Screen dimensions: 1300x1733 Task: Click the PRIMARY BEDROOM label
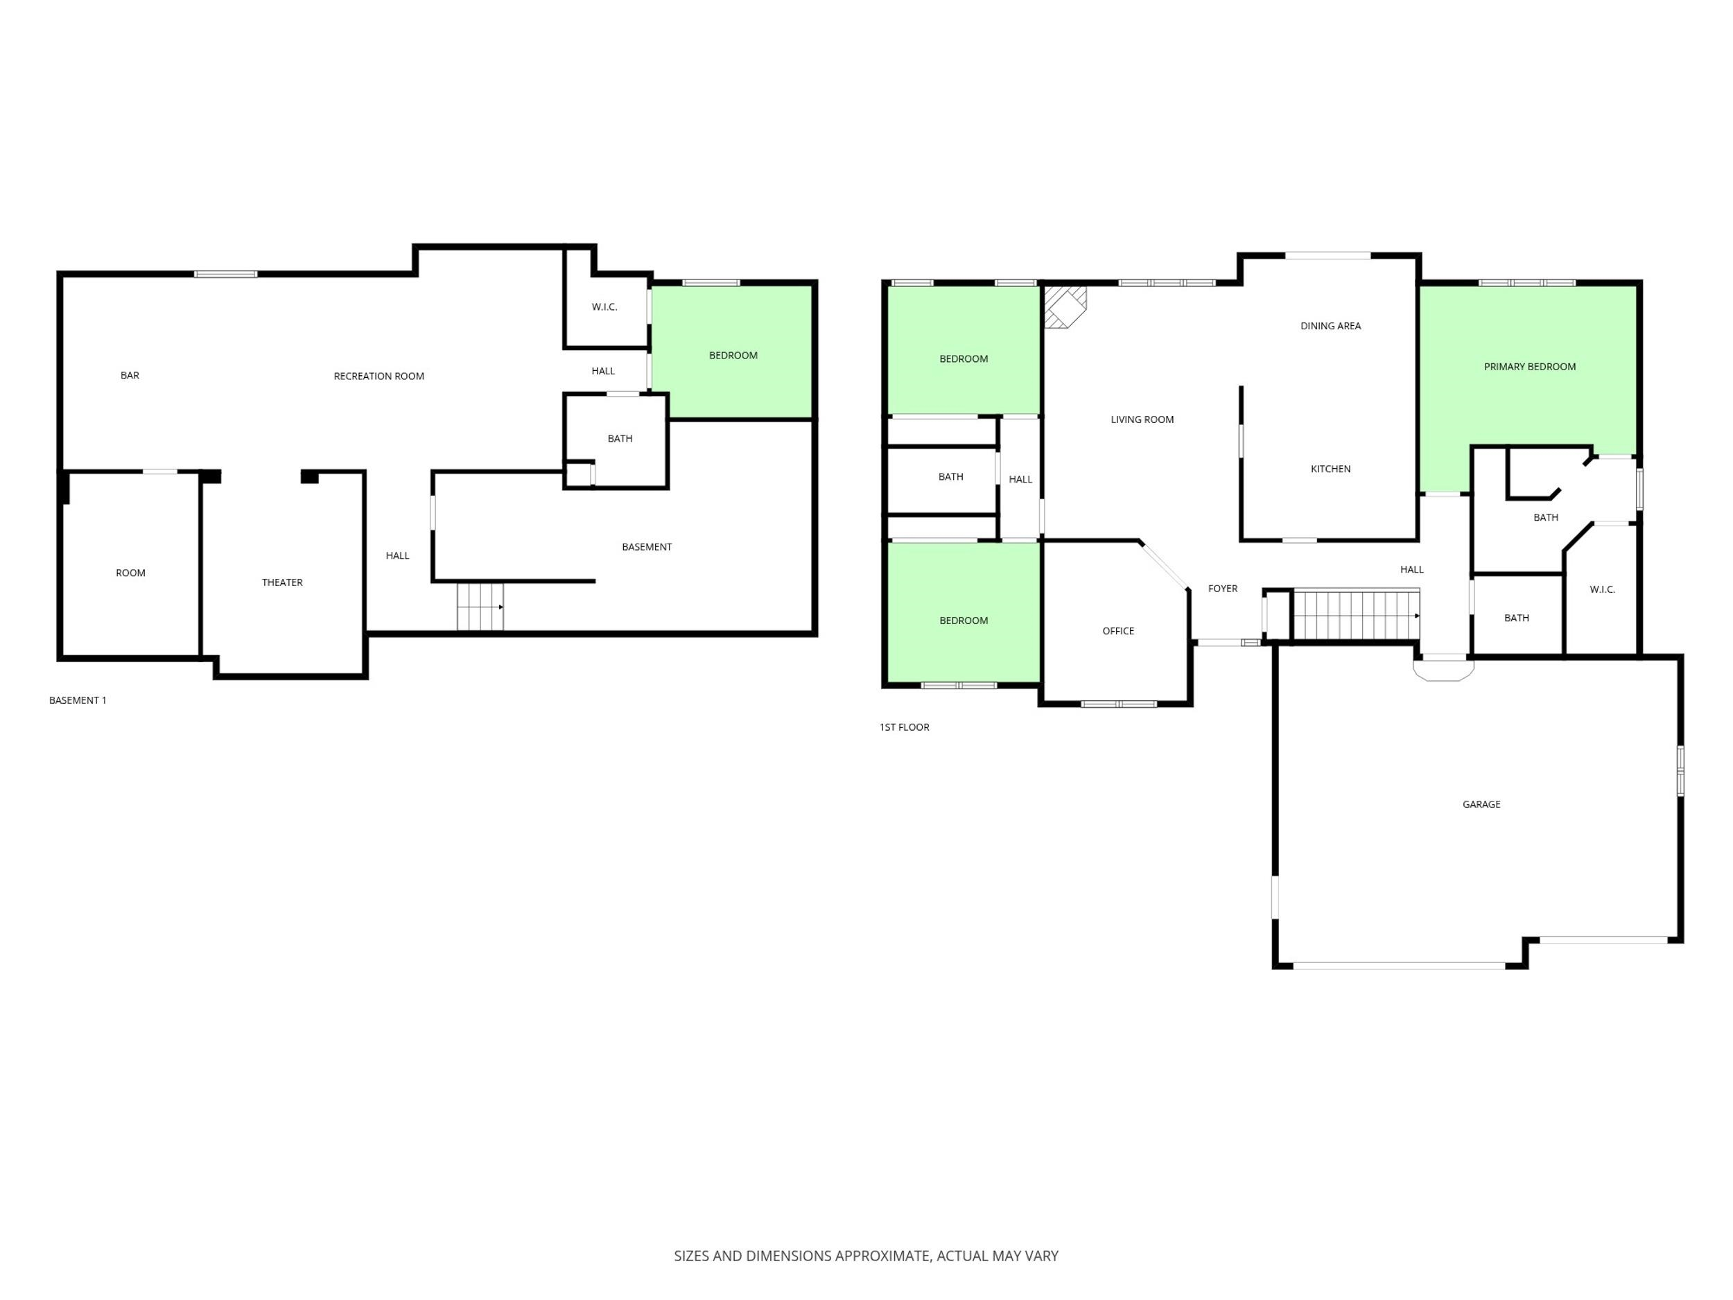coord(1529,367)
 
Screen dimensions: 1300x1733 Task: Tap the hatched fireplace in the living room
coord(1064,306)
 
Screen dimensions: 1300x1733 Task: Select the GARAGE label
coord(1481,804)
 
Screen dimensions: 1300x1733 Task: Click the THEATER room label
coord(282,582)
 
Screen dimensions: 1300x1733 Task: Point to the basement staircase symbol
coord(480,607)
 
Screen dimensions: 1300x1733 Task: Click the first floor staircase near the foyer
coord(1355,615)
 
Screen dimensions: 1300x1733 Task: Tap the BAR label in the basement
coord(130,375)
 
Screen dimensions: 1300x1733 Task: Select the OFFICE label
coord(1118,631)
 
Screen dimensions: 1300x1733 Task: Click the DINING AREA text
coord(1330,326)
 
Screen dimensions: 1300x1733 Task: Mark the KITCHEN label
coord(1330,469)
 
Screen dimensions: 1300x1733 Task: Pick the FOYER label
coord(1222,589)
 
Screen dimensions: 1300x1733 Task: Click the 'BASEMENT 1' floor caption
coord(78,700)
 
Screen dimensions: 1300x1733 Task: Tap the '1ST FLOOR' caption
coord(904,727)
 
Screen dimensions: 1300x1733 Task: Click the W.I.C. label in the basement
coord(604,307)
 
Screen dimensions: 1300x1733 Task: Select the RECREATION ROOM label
coord(378,376)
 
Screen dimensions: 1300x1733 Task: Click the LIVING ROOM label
coord(1142,419)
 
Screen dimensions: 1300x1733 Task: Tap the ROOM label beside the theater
coord(130,573)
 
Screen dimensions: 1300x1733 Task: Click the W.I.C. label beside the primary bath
coord(1602,589)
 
